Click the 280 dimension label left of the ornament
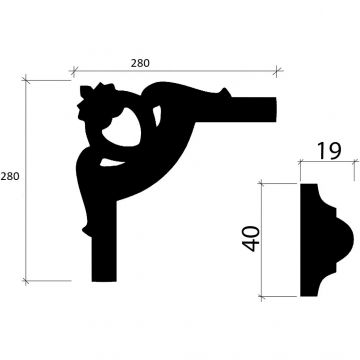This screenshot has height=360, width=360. click(11, 176)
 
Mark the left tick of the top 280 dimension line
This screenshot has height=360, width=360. click(71, 72)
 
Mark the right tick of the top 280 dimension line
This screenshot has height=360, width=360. click(278, 72)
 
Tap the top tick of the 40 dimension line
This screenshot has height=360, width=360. click(262, 182)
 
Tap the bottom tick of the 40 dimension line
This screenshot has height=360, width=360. click(262, 297)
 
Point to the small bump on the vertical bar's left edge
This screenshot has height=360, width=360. click(84, 232)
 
